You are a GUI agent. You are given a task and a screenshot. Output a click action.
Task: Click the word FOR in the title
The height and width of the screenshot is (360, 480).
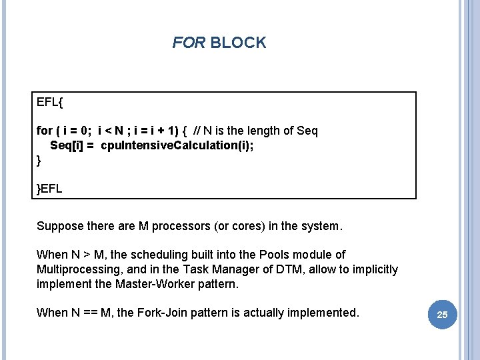coord(189,42)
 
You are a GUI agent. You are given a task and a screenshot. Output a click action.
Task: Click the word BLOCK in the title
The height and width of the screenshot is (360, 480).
coord(238,42)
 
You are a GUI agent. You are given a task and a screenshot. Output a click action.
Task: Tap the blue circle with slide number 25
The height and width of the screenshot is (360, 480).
coord(443,315)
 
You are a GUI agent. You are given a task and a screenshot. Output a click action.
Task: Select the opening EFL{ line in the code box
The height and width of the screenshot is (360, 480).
coord(49,102)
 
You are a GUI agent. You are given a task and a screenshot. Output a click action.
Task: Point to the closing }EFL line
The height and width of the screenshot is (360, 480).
coord(49,189)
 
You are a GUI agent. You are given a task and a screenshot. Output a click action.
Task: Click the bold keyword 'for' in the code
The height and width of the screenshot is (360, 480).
coord(45,131)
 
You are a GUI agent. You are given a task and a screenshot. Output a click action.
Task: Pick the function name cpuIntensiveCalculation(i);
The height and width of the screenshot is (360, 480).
coord(177,145)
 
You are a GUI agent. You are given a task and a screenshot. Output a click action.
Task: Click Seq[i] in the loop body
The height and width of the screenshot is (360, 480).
coord(67,145)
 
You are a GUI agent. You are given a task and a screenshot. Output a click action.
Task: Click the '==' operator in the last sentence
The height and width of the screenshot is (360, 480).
coord(90,313)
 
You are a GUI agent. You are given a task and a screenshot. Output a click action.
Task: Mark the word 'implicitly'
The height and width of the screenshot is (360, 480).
coord(375,269)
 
